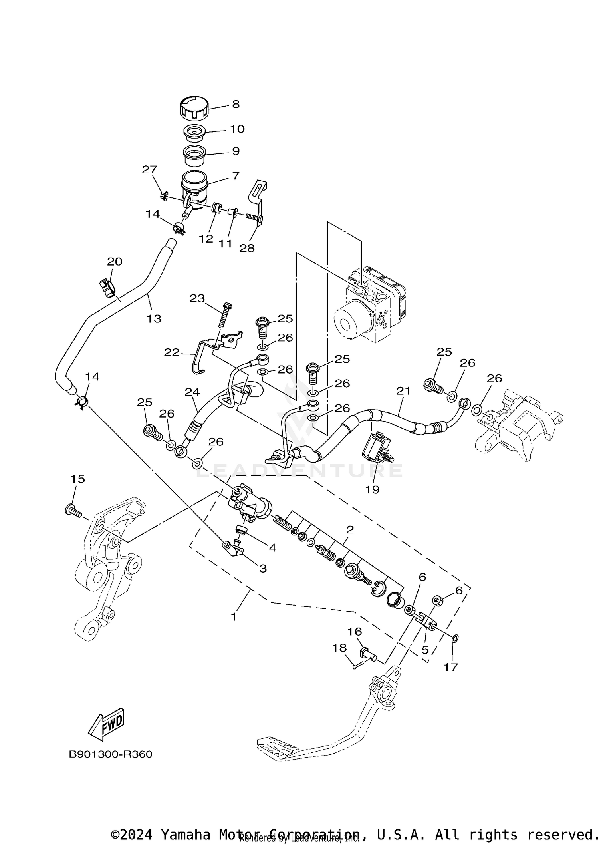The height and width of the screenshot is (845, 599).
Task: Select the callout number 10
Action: pos(237,129)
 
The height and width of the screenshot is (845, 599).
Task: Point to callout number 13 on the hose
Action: pos(154,319)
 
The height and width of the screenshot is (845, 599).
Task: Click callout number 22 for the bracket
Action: pos(171,353)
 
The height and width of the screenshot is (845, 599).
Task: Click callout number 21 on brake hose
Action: pos(403,391)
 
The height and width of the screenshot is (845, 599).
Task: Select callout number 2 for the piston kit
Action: pos(350,530)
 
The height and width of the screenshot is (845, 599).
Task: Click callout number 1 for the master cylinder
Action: pos(234,617)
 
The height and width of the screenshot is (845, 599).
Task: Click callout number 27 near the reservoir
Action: pos(150,170)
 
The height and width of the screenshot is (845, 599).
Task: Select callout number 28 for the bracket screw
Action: pos(247,248)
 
